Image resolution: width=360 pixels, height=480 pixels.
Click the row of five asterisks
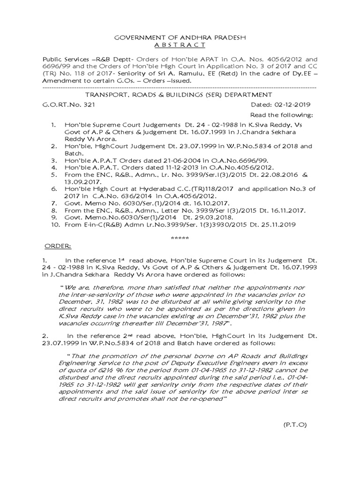[x=180, y=238]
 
